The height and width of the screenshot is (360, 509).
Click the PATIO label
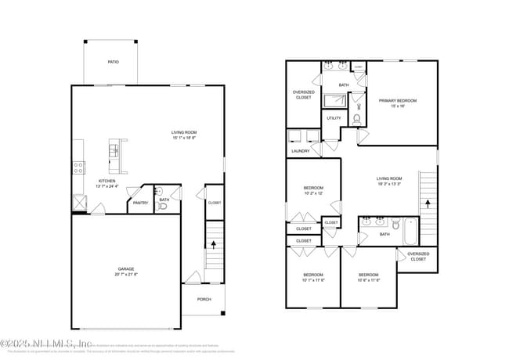[x=114, y=62]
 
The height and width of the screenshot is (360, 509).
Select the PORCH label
[x=204, y=299]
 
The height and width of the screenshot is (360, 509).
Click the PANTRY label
[x=140, y=203]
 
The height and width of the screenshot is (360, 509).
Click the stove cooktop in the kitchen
[x=78, y=167]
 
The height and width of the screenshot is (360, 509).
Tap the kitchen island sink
[x=114, y=149]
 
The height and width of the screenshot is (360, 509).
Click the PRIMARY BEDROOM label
[x=398, y=100]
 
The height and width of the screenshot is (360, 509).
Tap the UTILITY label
[x=334, y=119]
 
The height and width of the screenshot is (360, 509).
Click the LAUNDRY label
[x=300, y=151]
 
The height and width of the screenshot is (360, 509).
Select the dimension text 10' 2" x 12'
[x=313, y=193]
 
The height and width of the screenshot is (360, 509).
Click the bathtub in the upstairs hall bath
[x=410, y=232]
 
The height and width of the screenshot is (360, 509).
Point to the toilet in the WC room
[x=357, y=119]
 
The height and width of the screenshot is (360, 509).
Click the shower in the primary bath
[x=335, y=100]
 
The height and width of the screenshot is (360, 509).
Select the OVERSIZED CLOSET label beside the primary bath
[x=303, y=95]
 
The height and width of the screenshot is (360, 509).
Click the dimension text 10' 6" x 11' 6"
[x=368, y=280]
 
